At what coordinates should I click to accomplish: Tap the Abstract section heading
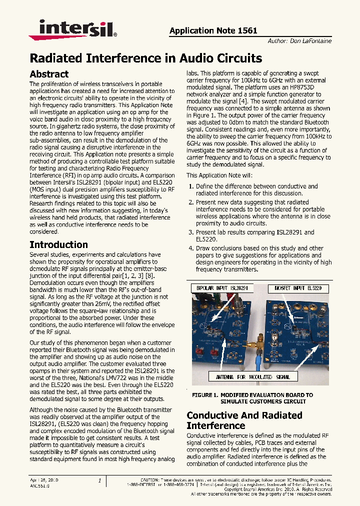(49, 74)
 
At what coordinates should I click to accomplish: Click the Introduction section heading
(58, 244)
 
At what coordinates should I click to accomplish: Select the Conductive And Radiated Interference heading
(244, 420)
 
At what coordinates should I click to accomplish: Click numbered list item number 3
(191, 232)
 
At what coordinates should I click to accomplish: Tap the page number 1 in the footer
(99, 480)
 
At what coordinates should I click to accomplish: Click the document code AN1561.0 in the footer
(39, 485)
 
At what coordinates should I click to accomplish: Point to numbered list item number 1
(191, 186)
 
